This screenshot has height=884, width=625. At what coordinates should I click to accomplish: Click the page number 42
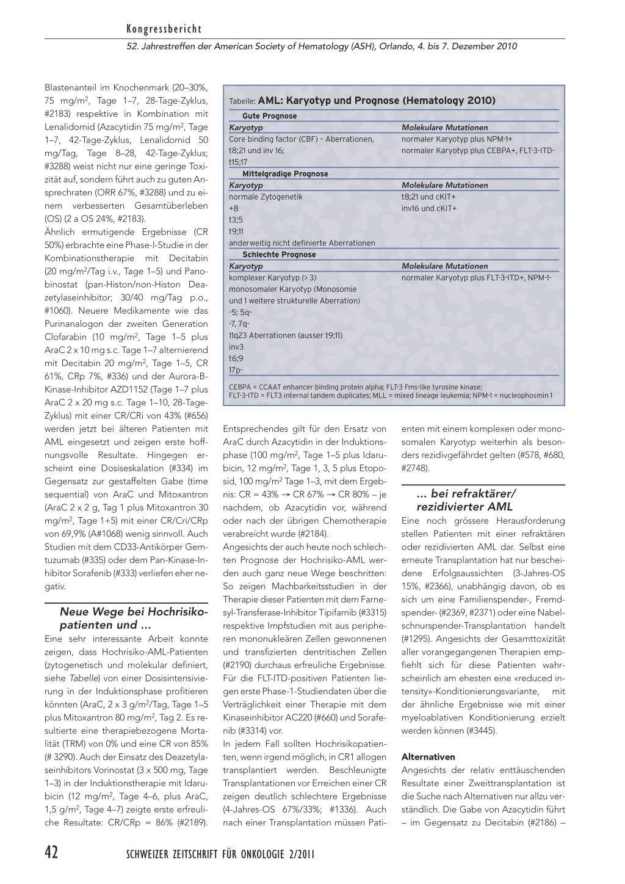pyautogui.click(x=51, y=852)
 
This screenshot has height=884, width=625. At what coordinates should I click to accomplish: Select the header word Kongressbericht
pyautogui.click(x=164, y=29)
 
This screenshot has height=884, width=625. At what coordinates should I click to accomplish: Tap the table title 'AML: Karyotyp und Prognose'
pyautogui.click(x=377, y=100)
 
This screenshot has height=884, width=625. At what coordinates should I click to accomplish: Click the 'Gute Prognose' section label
pyautogui.click(x=269, y=116)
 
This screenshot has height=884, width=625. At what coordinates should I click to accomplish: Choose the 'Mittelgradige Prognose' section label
pyautogui.click(x=285, y=174)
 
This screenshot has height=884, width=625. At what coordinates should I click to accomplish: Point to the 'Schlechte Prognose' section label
pyautogui.click(x=279, y=255)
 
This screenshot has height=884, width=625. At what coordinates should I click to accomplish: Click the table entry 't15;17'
pyautogui.click(x=238, y=162)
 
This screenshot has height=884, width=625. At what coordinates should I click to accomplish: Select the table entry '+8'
pyautogui.click(x=234, y=208)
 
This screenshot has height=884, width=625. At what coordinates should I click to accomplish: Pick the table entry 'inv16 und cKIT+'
pyautogui.click(x=428, y=208)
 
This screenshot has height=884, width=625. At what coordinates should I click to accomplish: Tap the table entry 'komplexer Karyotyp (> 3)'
pyautogui.click(x=273, y=278)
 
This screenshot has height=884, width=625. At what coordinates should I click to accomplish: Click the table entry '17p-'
pyautogui.click(x=236, y=370)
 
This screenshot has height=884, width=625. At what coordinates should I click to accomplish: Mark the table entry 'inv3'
pyautogui.click(x=236, y=347)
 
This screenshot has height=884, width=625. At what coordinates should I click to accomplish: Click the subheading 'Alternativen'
pyautogui.click(x=428, y=757)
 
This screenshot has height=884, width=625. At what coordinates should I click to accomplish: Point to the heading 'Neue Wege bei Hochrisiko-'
pyautogui.click(x=134, y=612)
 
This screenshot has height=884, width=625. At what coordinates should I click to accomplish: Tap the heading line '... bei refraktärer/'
pyautogui.click(x=466, y=493)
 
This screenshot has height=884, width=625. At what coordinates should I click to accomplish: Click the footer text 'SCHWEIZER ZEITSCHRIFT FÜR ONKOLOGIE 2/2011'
pyautogui.click(x=220, y=854)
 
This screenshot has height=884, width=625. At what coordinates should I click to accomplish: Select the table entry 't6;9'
pyautogui.click(x=236, y=358)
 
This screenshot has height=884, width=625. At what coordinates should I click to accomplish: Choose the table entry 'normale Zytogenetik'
pyautogui.click(x=266, y=197)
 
